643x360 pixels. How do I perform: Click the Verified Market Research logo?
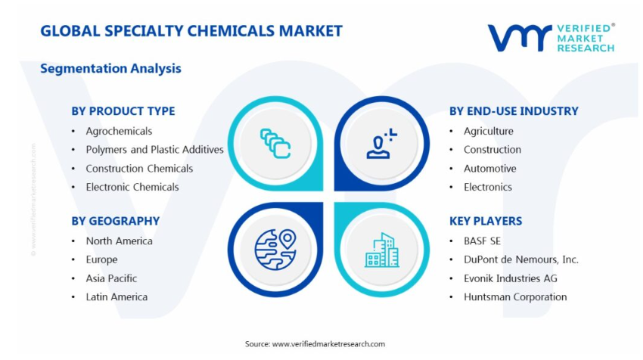click(551, 38)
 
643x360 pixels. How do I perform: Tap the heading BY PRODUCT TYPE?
click(123, 111)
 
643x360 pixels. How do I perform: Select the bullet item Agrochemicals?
click(119, 131)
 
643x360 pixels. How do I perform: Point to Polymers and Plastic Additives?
click(154, 150)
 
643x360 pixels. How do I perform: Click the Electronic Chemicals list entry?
click(132, 187)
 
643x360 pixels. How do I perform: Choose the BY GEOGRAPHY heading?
click(115, 221)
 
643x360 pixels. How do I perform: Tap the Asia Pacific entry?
click(111, 278)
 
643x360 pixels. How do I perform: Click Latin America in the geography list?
click(116, 297)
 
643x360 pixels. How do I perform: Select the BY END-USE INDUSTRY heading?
click(514, 111)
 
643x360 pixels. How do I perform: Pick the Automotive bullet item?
click(489, 169)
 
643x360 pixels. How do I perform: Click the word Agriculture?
click(489, 131)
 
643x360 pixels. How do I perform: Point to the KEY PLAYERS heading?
click(486, 221)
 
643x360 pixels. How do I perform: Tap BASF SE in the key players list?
click(483, 241)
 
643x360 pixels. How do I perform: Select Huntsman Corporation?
click(515, 297)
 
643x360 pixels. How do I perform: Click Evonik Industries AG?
click(511, 278)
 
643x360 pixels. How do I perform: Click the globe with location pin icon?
click(275, 250)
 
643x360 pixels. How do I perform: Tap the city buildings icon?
click(382, 250)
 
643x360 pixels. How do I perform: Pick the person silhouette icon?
click(381, 144)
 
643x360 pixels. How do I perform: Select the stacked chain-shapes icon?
click(275, 144)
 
